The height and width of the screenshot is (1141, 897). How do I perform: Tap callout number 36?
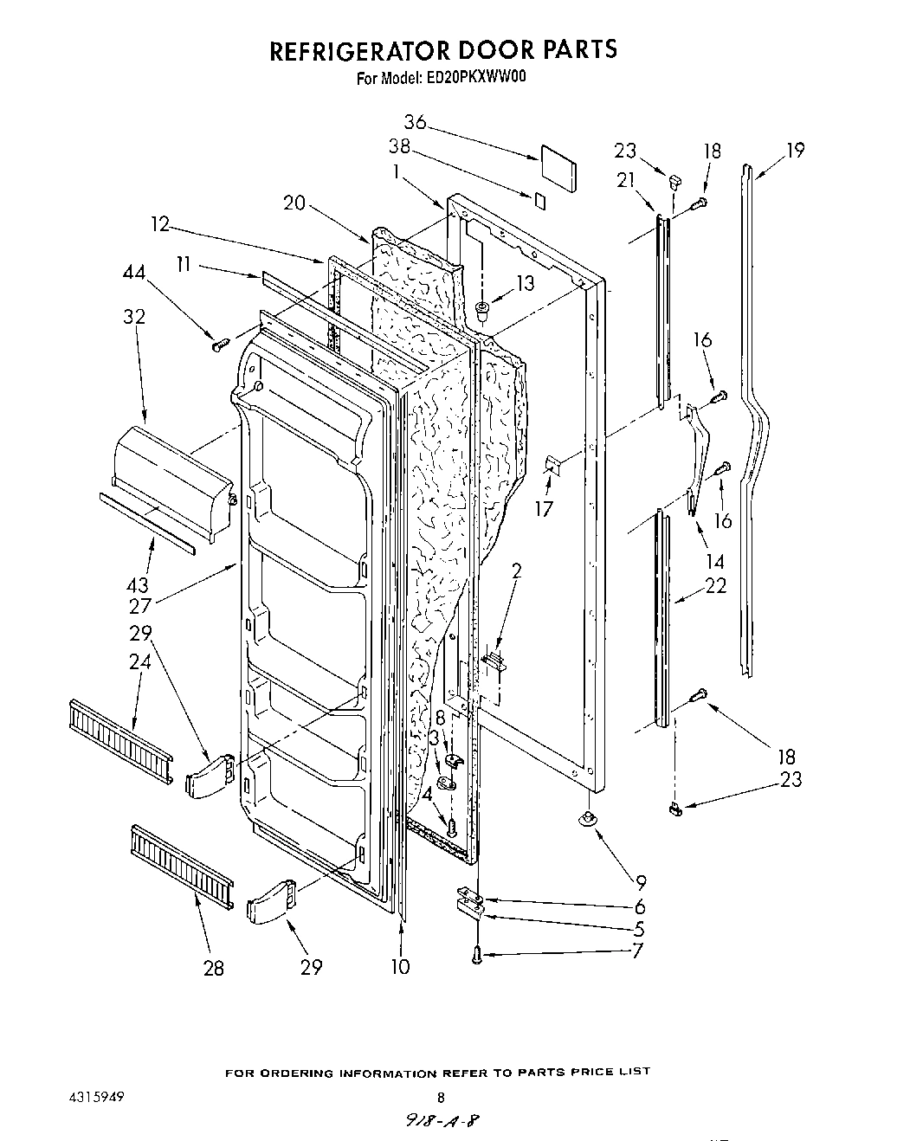416,122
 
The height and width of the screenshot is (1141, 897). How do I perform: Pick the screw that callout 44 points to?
218,345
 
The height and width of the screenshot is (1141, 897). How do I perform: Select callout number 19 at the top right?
795,151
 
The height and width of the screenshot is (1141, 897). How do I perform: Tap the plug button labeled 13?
483,309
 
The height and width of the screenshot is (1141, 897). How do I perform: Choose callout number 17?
543,508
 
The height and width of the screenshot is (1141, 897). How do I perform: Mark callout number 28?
213,967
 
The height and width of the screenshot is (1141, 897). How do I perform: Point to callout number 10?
399,966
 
